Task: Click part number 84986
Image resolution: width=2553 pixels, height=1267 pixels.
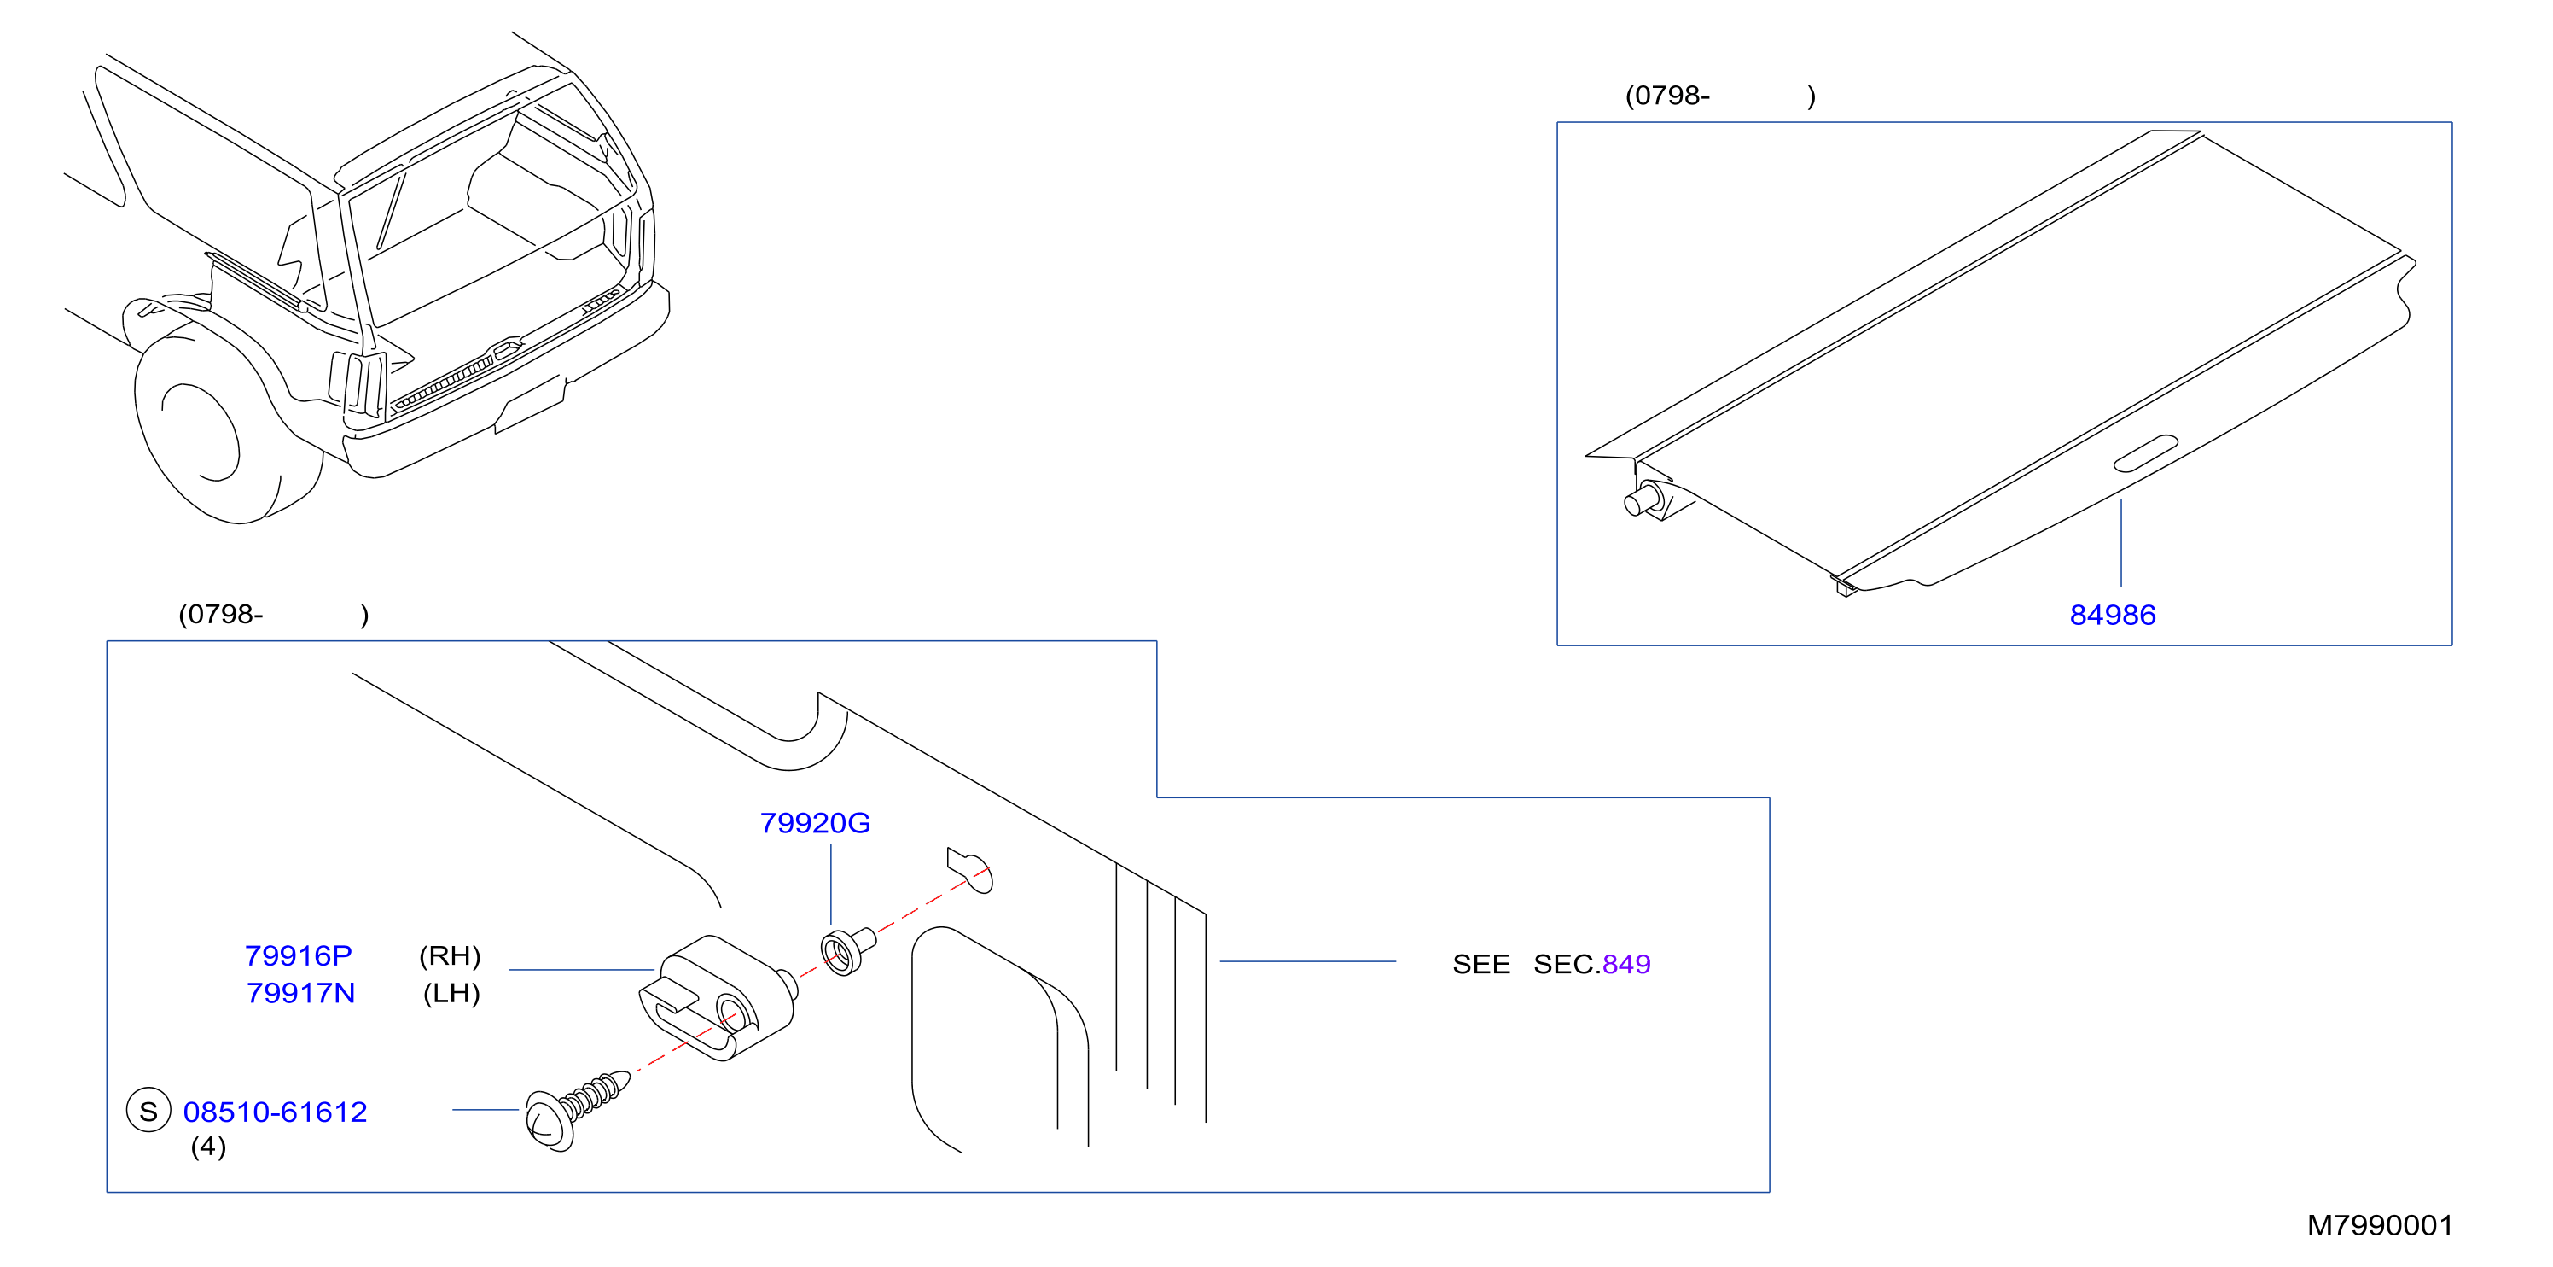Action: coord(2112,616)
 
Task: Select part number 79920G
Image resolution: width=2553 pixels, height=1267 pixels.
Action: coord(815,823)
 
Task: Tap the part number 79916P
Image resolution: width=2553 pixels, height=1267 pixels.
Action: coord(299,955)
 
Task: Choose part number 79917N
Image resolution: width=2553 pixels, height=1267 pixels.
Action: coord(300,994)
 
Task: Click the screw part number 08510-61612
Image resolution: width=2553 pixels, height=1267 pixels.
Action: coord(275,1112)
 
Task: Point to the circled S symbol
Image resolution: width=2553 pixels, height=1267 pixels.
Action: coord(148,1112)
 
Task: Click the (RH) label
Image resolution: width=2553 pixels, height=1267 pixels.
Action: coord(450,955)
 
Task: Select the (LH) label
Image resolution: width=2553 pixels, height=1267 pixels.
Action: coord(452,994)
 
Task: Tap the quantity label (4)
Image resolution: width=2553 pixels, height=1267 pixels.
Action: coord(208,1147)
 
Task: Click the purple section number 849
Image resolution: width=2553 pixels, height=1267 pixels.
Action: coord(1626,965)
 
